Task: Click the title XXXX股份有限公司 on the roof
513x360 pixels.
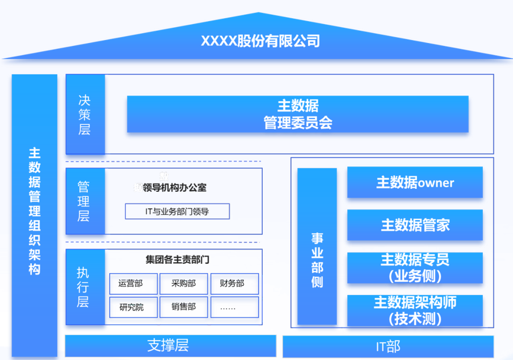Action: (x=260, y=41)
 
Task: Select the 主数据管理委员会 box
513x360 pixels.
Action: (x=298, y=114)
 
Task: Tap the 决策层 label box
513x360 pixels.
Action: (x=85, y=114)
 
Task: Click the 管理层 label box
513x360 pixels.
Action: (x=85, y=201)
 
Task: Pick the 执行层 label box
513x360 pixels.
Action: (x=85, y=287)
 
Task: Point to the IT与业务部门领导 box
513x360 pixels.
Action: (x=177, y=211)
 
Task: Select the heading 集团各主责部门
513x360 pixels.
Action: (x=177, y=260)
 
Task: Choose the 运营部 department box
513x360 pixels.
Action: (x=133, y=284)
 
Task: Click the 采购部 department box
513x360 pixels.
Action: (x=184, y=284)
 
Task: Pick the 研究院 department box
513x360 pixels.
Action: (x=133, y=307)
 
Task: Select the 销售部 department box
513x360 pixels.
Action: (x=184, y=307)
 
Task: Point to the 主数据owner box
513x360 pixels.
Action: (x=415, y=182)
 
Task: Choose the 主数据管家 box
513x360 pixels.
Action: (x=415, y=225)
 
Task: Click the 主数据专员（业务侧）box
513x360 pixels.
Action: (x=415, y=267)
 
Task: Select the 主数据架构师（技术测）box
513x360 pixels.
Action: (x=415, y=310)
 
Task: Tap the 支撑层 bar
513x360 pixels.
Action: (x=170, y=345)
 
